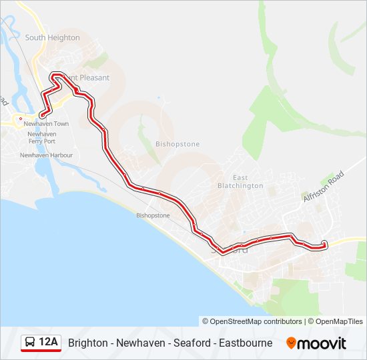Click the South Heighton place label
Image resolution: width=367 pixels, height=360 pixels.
point(52,38)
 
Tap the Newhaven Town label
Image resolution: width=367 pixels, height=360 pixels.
point(46,124)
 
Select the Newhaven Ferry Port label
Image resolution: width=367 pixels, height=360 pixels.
point(41,138)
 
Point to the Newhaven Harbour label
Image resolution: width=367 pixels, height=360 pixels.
point(46,155)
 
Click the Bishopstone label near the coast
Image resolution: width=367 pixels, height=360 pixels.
point(153,215)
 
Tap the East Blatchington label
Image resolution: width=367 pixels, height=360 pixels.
point(240,182)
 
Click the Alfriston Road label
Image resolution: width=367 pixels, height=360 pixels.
point(323,186)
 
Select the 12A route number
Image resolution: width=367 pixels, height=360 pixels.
point(49,343)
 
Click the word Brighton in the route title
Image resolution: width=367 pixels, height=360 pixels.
point(87,343)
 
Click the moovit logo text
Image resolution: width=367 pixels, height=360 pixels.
point(322,343)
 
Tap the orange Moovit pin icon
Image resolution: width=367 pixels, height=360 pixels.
point(291,343)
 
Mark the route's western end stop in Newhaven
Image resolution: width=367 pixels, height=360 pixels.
point(43,116)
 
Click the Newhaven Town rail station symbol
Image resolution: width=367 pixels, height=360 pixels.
point(21,119)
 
